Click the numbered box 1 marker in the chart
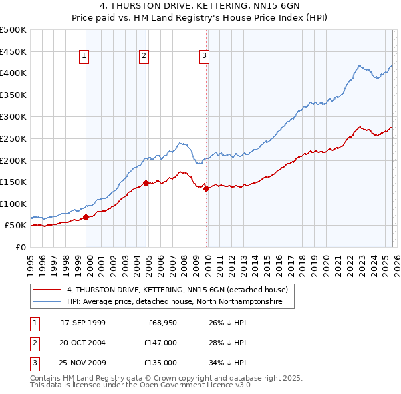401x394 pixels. pos(84,57)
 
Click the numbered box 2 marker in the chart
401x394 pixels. pos(144,57)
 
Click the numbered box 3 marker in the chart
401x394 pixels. pos(204,57)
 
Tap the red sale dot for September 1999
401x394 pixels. pos(86,217)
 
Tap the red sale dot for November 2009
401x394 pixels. pos(206,188)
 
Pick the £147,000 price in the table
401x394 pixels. pos(160,343)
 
